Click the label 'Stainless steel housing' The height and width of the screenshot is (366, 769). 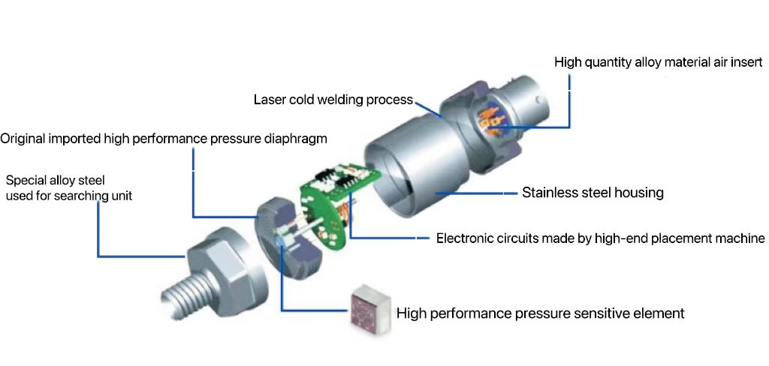pyautogui.click(x=593, y=193)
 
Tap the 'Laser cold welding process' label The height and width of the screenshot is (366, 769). pyautogui.click(x=333, y=100)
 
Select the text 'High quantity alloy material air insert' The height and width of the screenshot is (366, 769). pyautogui.click(x=658, y=62)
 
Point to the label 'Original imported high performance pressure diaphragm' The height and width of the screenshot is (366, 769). pyautogui.click(x=164, y=139)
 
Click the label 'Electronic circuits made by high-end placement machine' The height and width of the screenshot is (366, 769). pyautogui.click(x=600, y=238)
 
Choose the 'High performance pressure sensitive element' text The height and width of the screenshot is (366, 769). pyautogui.click(x=539, y=313)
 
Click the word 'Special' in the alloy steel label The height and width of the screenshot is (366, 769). pyautogui.click(x=25, y=180)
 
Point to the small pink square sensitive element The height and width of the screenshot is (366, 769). pyautogui.click(x=366, y=308)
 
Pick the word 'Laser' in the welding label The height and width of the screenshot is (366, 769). pyautogui.click(x=269, y=100)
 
